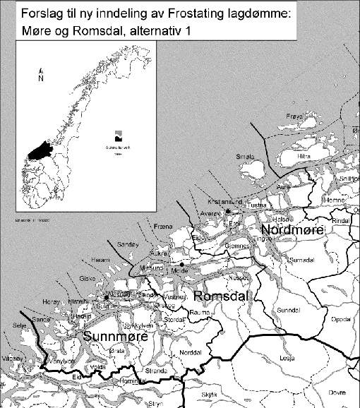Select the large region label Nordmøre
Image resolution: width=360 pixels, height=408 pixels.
pos(292,231)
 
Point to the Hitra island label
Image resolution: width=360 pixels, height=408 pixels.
pos(305,155)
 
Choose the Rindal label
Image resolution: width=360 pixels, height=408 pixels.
pos(341,221)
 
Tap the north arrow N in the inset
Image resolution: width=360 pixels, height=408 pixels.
pos(41,78)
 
